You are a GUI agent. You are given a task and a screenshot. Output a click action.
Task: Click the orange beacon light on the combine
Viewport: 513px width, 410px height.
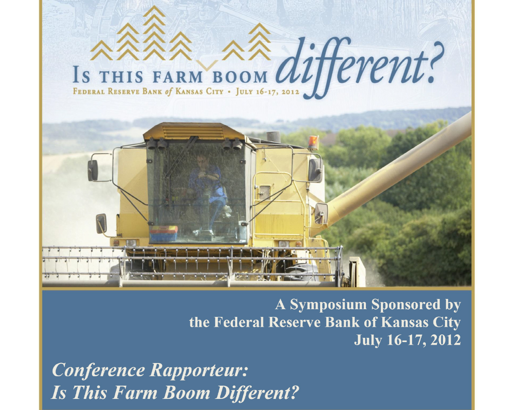pos(313,142)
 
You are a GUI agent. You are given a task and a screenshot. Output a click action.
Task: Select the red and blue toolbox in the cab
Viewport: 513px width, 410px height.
pos(164,234)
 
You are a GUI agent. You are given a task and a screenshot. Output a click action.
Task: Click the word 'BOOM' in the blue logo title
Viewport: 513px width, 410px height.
pos(239,77)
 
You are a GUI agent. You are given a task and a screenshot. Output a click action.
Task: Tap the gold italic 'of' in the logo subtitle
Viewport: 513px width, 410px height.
pos(168,92)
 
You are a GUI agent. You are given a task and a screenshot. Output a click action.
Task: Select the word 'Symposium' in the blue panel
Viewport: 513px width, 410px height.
pos(328,305)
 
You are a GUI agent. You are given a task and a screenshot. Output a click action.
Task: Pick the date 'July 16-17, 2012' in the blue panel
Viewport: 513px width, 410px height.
pos(407,340)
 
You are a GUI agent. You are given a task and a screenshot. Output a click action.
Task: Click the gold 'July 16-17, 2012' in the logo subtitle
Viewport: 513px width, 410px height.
pos(267,92)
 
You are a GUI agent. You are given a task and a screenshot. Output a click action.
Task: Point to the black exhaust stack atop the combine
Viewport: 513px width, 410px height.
pos(273,137)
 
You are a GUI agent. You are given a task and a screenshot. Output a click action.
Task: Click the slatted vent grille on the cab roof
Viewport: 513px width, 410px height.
pos(193,132)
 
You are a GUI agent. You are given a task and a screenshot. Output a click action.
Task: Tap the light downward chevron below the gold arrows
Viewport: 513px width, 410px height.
pos(207,65)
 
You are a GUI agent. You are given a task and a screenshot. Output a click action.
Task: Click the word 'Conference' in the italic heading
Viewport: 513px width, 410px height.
pos(98,370)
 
